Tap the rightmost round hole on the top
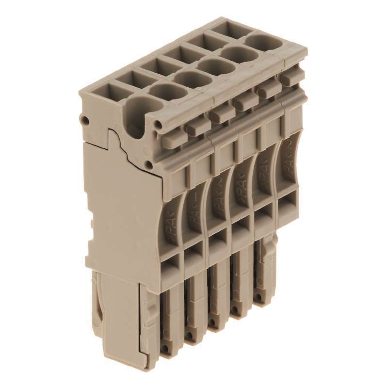click(x=266, y=42)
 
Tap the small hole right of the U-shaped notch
click(x=159, y=127)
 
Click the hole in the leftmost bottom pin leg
click(x=166, y=348)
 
